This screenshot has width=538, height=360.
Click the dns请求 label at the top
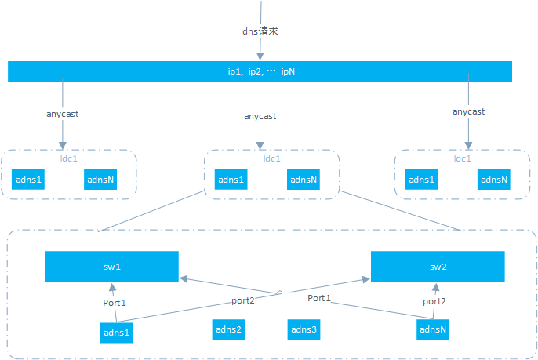(260, 31)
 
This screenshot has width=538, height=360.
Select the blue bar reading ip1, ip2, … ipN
(260, 71)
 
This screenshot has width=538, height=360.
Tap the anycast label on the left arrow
(62, 114)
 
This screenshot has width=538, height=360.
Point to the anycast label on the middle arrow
(260, 116)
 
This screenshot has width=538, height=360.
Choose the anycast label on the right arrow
(468, 111)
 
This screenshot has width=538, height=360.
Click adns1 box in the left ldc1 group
(28, 179)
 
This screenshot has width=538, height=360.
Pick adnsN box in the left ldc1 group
(100, 179)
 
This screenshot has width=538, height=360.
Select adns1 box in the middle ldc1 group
(231, 180)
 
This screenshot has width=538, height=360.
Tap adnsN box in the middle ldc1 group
(303, 180)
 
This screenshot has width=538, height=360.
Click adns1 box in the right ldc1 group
(421, 180)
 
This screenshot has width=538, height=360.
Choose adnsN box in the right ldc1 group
(493, 180)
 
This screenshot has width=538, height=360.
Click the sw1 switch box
(111, 267)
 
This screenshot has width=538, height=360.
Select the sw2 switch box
(437, 267)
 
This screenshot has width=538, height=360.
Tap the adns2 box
(228, 329)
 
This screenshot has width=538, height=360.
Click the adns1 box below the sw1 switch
(117, 333)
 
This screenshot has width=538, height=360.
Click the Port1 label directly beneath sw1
(115, 303)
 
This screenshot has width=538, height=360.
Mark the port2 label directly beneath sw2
(434, 301)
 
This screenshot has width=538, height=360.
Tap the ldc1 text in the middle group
(271, 158)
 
